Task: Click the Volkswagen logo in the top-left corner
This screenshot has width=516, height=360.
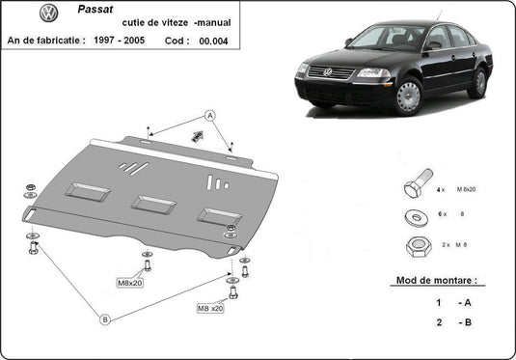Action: point(21,14)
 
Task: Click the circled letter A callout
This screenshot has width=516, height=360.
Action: point(208,115)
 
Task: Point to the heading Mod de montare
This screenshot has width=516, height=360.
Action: point(435,282)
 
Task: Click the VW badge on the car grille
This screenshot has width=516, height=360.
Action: point(327,71)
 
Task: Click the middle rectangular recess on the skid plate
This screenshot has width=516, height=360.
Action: point(153,205)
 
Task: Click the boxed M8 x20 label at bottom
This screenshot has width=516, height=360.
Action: point(210,308)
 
